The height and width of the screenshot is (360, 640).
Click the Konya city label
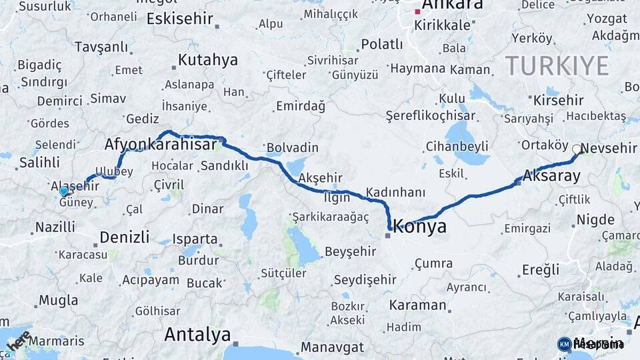point(419,226)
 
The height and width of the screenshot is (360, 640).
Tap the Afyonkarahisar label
point(161,145)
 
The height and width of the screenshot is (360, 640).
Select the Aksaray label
point(551,177)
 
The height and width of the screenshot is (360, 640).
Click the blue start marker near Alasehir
point(64,191)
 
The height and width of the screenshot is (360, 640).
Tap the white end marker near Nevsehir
point(577,149)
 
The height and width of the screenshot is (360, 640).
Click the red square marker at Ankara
point(418,11)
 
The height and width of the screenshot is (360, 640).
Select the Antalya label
point(197,333)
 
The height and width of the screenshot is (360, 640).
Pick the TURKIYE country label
point(557,65)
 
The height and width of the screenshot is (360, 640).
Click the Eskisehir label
point(179,18)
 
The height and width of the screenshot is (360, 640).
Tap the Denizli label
point(125,237)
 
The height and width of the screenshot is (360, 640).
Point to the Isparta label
point(195,239)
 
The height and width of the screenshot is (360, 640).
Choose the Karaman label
point(417,305)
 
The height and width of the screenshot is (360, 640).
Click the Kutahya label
point(207,60)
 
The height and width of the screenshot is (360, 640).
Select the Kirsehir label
point(558,100)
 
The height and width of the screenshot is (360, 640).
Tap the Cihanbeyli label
point(457,146)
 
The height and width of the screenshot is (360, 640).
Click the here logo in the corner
point(18,341)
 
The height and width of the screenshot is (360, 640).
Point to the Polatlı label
point(381,45)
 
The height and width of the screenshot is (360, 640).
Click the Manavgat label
point(332,347)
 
